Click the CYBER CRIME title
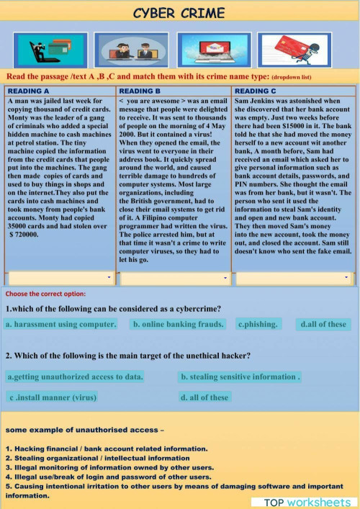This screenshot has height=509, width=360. point(179,13)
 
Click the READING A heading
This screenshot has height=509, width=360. point(29,91)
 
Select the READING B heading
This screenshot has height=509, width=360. point(140,91)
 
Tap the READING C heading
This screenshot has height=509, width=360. point(256,91)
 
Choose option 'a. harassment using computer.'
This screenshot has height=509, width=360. point(61,325)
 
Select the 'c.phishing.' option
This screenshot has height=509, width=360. point(258,325)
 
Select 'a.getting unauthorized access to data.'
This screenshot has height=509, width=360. point(75,377)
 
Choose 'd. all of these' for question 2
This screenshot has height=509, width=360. point(204,397)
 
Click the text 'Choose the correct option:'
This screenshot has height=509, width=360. point(45,294)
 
